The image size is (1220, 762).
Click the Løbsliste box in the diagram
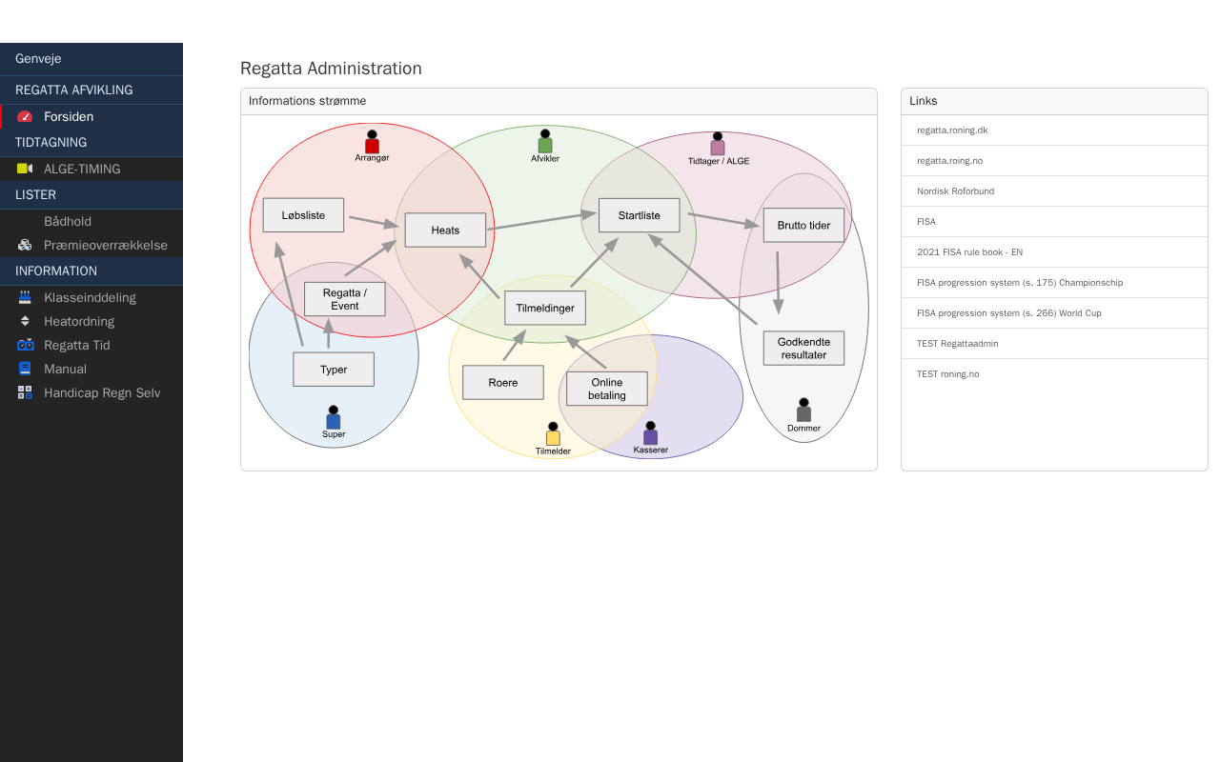[303, 215]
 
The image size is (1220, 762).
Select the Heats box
[445, 231]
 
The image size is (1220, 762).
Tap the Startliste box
[639, 215]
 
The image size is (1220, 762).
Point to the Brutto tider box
[803, 226]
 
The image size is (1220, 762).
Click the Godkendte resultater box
[803, 349]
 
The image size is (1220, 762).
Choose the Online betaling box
[606, 389]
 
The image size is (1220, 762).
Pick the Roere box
[502, 383]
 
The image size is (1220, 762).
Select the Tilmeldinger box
[545, 309]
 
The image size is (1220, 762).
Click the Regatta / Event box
[344, 299]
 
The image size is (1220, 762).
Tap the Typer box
[334, 370]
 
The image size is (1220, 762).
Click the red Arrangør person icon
[372, 143]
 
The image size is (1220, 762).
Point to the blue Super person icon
[334, 418]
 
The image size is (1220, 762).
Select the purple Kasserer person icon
[650, 434]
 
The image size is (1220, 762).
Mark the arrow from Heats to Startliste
[541, 221]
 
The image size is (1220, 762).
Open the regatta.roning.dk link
[952, 130]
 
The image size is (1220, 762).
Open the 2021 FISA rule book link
[969, 252]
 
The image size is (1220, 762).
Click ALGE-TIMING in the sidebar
[82, 169]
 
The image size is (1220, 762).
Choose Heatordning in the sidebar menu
[79, 321]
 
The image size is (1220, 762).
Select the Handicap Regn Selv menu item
[102, 392]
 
